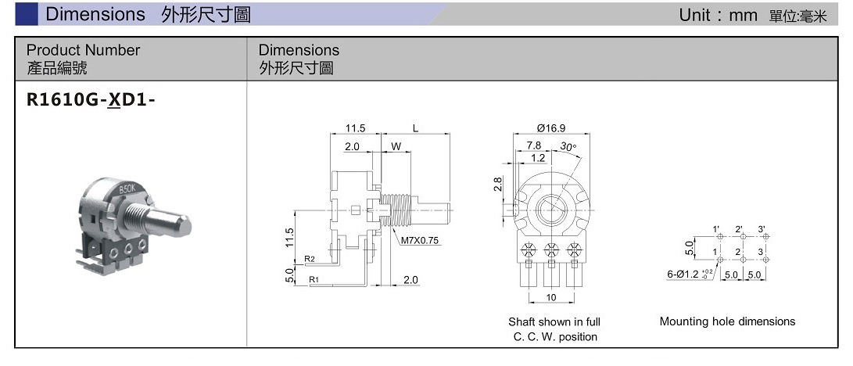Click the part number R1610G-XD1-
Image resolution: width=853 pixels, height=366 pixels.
[x=86, y=102]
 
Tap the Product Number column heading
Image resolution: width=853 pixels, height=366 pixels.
[x=83, y=50]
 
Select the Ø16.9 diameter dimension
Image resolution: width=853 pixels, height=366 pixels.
[x=551, y=127]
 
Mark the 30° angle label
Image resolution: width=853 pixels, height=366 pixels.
[x=568, y=146]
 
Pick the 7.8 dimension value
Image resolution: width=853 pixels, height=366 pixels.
[x=533, y=145]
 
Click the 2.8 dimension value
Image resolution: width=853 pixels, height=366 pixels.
[x=498, y=185]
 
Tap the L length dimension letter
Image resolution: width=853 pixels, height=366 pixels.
[x=415, y=127]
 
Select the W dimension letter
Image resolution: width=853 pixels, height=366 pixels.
[x=396, y=146]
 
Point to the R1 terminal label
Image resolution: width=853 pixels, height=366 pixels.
[x=313, y=278]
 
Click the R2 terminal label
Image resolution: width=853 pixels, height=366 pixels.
[x=310, y=259]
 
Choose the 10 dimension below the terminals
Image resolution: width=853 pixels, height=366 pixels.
[x=551, y=297]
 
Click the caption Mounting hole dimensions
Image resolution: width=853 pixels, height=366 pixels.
[x=727, y=321]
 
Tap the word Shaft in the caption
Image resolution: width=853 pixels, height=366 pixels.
[x=521, y=321]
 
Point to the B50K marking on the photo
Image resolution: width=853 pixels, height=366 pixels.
[x=127, y=190]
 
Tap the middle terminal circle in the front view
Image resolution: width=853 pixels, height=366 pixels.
[x=552, y=252]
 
